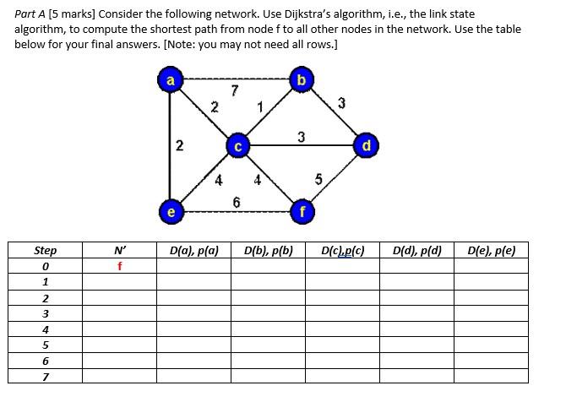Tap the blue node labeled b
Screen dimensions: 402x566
pyautogui.click(x=302, y=81)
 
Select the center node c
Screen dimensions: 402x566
pyautogui.click(x=237, y=147)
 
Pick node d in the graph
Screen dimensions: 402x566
pyautogui.click(x=366, y=147)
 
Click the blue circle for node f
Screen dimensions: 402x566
pyautogui.click(x=302, y=212)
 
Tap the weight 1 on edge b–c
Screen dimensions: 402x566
pyautogui.click(x=261, y=107)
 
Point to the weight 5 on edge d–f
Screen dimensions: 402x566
pyautogui.click(x=318, y=178)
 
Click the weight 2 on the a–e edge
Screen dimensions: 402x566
pyautogui.click(x=179, y=145)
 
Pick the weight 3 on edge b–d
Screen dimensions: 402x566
pyautogui.click(x=341, y=103)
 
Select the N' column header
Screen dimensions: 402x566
pyautogui.click(x=120, y=251)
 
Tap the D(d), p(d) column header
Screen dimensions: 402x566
pyautogui.click(x=417, y=251)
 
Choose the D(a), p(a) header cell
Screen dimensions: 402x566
pyautogui.click(x=194, y=251)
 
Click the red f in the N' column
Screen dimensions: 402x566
pyautogui.click(x=120, y=266)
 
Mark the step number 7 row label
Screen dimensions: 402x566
pyautogui.click(x=46, y=376)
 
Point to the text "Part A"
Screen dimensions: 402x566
pyautogui.click(x=31, y=14)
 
